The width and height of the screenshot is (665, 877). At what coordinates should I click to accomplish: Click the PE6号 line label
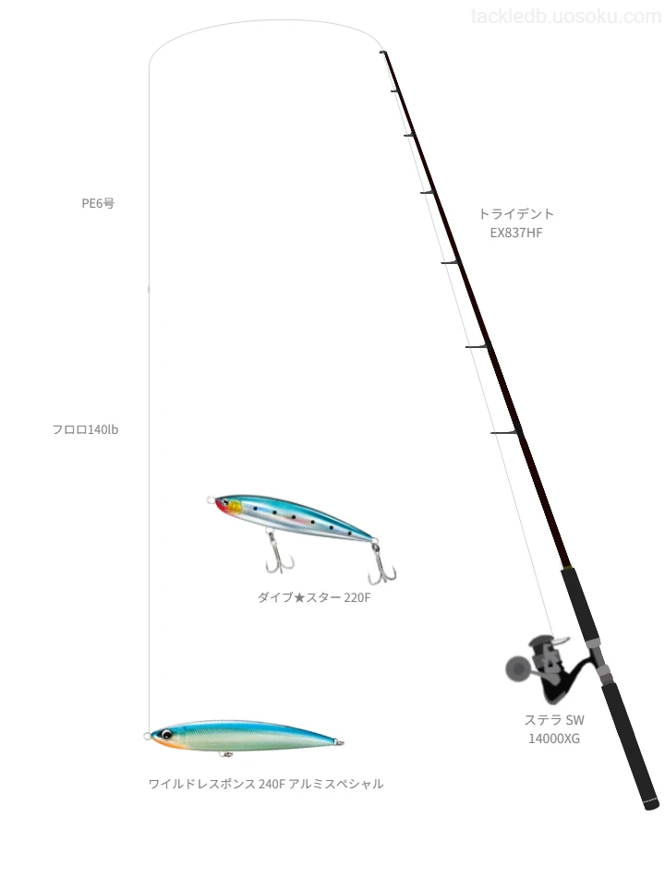coord(98,203)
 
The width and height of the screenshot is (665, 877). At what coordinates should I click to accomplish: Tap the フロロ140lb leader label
coord(85,429)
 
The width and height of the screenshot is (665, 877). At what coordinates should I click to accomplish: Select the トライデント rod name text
coord(516,213)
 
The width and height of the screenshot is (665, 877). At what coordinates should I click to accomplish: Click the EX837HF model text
coord(516,233)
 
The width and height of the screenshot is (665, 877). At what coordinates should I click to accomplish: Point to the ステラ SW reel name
coord(554,720)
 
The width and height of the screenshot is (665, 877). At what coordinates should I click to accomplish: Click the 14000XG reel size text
coord(554,739)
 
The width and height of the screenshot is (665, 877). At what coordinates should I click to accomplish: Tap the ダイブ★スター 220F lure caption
coord(314,597)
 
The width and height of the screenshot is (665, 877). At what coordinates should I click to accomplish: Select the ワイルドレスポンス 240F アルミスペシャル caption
coord(266,784)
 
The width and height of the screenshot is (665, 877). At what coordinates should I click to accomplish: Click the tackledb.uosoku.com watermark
coord(566,17)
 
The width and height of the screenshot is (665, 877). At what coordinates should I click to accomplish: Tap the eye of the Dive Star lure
coord(225,502)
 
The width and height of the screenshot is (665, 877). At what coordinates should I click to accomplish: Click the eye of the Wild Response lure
coord(166,734)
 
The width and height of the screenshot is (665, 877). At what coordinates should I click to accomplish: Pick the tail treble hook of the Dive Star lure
coord(382,564)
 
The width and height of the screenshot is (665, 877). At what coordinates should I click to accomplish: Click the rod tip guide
coord(383,52)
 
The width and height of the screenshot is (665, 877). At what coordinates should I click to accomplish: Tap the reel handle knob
coord(516,668)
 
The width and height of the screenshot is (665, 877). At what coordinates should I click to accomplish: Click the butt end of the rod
coord(651,805)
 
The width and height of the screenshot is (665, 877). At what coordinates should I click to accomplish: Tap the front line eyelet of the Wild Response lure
coord(147,736)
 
